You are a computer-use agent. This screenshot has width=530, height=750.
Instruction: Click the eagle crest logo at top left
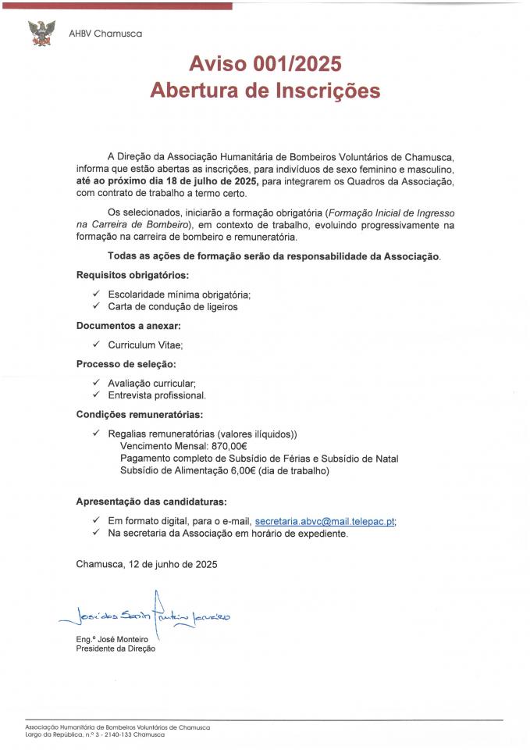pos(41,33)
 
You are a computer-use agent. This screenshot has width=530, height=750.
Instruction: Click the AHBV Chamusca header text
pos(105,34)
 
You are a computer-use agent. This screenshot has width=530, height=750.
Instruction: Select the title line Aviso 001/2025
pos(265,64)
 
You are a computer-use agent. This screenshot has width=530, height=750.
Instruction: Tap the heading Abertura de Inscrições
pos(265,91)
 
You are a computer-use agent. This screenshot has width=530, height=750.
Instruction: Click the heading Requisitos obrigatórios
pos(132,275)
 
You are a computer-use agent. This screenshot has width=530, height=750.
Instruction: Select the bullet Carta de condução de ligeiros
pos(173,307)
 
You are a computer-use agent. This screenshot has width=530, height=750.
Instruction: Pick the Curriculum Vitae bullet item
pos(145,345)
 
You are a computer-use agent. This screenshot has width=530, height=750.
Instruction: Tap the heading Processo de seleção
pos(126,364)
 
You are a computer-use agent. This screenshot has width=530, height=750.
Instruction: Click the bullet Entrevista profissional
pos(157,395)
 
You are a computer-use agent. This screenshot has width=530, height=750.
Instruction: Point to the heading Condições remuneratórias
pos(139,414)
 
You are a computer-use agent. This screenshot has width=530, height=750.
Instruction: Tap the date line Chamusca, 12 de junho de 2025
pos(147,563)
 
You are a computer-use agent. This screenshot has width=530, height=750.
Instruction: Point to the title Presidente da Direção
pos(121,648)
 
